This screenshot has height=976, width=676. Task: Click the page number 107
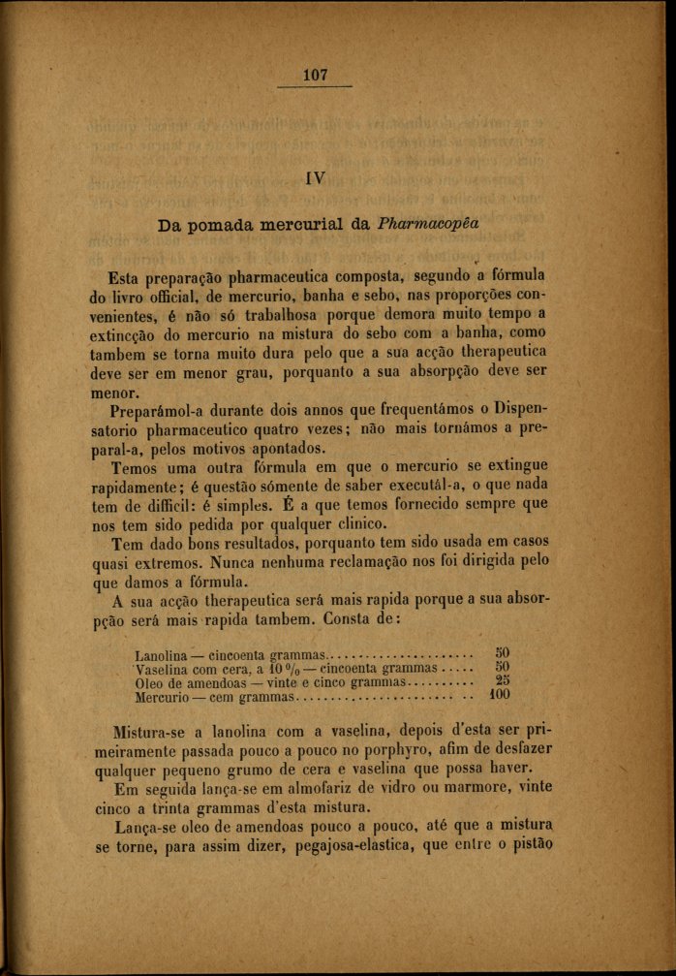[316, 74]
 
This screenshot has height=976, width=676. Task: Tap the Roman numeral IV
[315, 177]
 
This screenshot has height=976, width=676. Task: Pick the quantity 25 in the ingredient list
[502, 681]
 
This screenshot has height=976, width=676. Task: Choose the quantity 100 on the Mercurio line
[499, 696]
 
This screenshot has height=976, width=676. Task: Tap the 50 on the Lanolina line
[502, 653]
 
